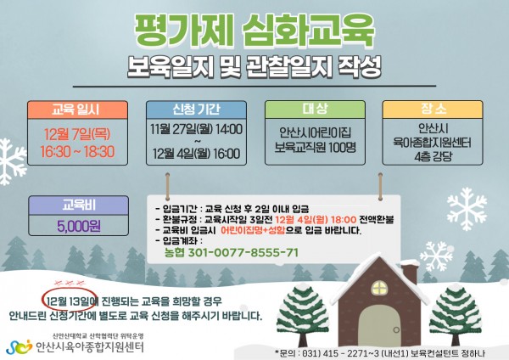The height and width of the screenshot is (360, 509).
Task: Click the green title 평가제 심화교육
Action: click(x=255, y=31)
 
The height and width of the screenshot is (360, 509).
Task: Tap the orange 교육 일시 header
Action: click(x=77, y=110)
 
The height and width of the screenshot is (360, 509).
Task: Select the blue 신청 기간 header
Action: click(x=196, y=110)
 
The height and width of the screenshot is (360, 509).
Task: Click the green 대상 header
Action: click(x=315, y=110)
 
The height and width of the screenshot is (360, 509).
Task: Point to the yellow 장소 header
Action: click(x=433, y=110)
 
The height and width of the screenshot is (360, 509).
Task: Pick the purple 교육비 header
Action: click(x=79, y=205)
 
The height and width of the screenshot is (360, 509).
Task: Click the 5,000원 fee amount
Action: click(x=79, y=226)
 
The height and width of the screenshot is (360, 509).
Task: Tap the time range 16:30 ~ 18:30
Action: click(x=77, y=152)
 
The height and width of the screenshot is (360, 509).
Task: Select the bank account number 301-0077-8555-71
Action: click(x=243, y=252)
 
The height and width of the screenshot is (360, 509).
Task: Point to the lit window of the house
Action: click(x=379, y=288)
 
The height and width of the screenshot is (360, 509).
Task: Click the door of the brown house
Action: click(x=380, y=325)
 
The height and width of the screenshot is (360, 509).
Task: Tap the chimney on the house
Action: click(x=410, y=274)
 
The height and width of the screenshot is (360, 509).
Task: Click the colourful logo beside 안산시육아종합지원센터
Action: click(x=20, y=347)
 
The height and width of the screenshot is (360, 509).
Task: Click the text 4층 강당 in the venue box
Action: click(x=433, y=157)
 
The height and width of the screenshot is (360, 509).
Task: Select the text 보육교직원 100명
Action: click(x=316, y=148)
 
